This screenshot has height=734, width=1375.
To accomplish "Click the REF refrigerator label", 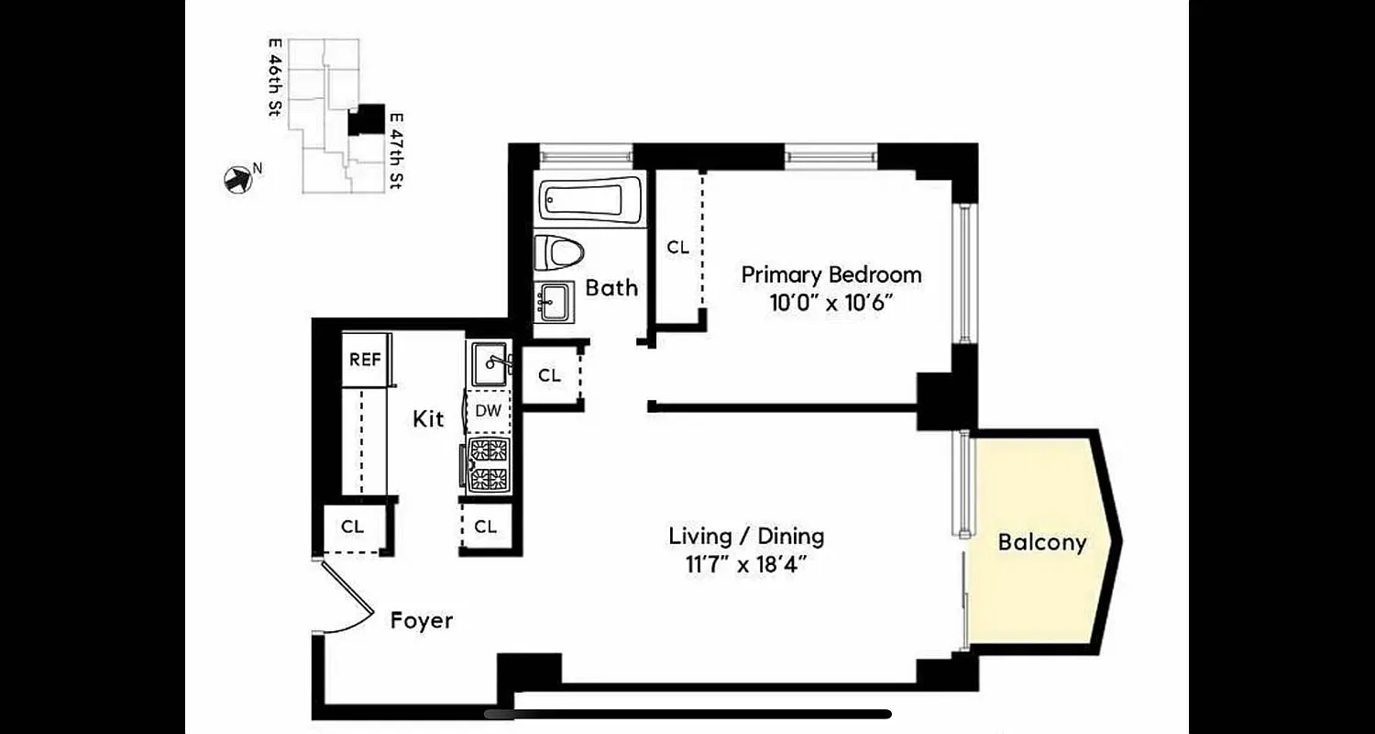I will (365, 360).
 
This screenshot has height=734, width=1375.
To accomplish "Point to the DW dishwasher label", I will (488, 411).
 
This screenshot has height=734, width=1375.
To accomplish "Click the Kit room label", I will (428, 419).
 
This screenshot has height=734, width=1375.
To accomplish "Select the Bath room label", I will (611, 288).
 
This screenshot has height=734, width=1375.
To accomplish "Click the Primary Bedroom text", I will (830, 274).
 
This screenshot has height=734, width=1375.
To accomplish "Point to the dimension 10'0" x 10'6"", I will (830, 303).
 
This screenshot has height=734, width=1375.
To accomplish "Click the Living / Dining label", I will (745, 536).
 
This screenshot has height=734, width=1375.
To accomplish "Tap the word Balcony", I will (1041, 542).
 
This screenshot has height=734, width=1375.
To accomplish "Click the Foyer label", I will (422, 621).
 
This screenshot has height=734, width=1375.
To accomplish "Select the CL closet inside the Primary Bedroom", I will (677, 248).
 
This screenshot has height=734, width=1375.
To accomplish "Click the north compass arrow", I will (237, 179).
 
